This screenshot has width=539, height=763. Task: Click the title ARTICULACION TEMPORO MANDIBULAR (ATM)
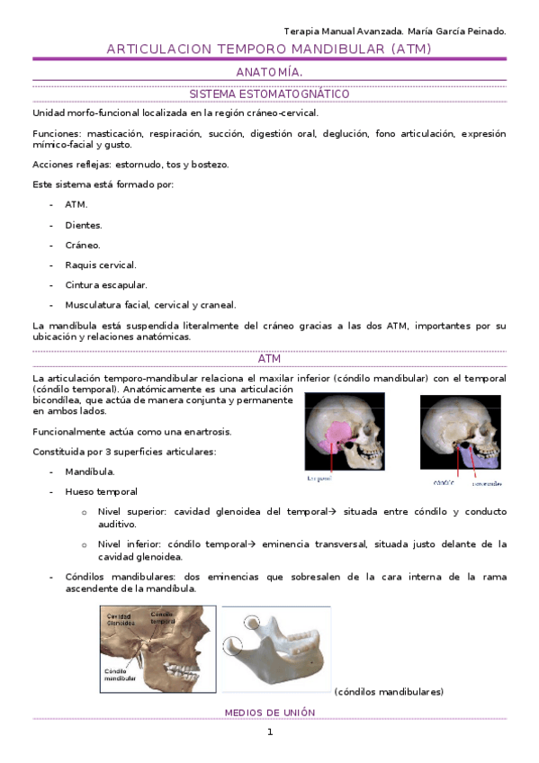pos(269,49)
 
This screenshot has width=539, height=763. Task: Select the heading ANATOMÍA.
pos(269,71)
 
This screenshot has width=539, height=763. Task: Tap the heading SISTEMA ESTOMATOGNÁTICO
pos(269,94)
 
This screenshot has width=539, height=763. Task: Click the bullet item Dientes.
pos(83,225)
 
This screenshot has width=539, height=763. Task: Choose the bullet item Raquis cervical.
pos(100,265)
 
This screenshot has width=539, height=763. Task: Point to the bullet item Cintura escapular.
pos(105,284)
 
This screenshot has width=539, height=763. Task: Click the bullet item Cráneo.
pos(82,245)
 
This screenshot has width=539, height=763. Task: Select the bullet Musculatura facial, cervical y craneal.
pos(149,305)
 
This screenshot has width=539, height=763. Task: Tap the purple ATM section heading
pos(269,359)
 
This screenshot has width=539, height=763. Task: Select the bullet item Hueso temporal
pos(101,492)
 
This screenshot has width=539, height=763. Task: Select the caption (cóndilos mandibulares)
pos(388,692)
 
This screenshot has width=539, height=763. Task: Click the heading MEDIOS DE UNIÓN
pos(269,712)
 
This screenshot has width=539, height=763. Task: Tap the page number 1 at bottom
pos(269,732)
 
